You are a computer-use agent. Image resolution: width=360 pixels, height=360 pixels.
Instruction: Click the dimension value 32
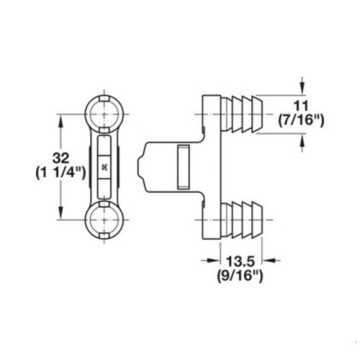click(x=61, y=158)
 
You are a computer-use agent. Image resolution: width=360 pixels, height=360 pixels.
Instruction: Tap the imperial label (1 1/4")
click(x=60, y=173)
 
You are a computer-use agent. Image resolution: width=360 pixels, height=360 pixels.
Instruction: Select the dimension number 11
click(x=301, y=106)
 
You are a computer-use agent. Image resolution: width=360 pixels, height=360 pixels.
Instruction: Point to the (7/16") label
click(x=301, y=120)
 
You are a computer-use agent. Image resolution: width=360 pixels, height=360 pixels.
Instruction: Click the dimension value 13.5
click(x=240, y=261)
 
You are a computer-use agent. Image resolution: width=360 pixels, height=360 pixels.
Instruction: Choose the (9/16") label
click(x=240, y=276)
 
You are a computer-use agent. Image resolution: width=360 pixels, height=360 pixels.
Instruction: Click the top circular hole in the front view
click(x=104, y=114)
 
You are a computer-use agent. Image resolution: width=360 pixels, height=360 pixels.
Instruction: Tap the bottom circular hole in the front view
click(x=104, y=220)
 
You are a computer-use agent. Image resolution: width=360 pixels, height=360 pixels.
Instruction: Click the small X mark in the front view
click(x=104, y=167)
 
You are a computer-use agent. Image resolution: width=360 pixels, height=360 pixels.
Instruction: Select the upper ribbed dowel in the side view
click(x=242, y=114)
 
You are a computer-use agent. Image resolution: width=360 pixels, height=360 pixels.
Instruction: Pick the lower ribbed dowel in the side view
click(x=242, y=220)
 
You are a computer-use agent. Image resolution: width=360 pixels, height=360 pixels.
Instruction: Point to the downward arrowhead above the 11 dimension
click(x=302, y=89)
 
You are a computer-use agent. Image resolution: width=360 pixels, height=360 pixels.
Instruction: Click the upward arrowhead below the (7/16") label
click(x=302, y=140)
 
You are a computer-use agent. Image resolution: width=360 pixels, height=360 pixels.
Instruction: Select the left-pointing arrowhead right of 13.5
click(x=269, y=260)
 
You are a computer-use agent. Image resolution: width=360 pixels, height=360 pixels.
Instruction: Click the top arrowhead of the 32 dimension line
click(x=61, y=121)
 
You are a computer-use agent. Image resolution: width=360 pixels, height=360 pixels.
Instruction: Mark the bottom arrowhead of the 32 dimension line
click(x=61, y=212)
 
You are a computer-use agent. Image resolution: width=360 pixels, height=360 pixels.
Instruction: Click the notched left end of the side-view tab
click(x=142, y=166)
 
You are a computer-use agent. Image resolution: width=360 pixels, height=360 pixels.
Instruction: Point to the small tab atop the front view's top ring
click(x=104, y=99)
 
